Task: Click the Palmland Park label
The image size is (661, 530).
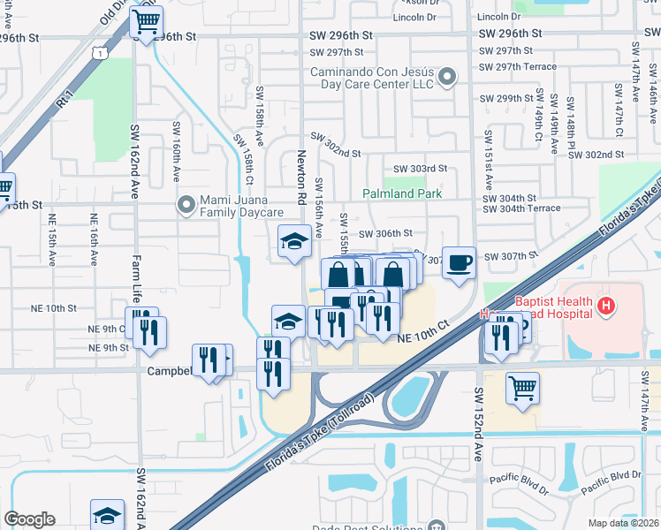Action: [x=402, y=193]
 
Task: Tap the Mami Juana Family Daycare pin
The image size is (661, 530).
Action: [x=186, y=206]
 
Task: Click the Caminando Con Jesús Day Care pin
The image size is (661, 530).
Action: [x=447, y=77]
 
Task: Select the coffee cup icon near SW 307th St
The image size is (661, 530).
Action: [x=459, y=262]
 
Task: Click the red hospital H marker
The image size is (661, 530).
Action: [x=605, y=307]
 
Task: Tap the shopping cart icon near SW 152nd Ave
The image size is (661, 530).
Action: [x=522, y=388]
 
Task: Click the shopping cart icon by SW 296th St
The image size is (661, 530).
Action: [x=146, y=21]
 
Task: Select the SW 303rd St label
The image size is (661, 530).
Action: [x=420, y=169]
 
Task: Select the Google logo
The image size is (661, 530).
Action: [x=29, y=519]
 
